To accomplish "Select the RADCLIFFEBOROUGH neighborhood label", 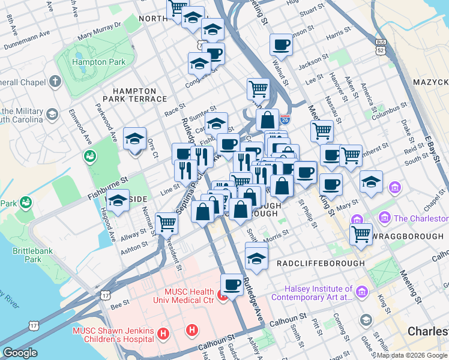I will pyautogui.click(x=320, y=263).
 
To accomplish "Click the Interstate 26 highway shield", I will pyautogui.click(x=285, y=120).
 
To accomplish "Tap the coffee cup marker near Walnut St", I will pyautogui.click(x=281, y=45).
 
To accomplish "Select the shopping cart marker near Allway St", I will pyautogui.click(x=167, y=224).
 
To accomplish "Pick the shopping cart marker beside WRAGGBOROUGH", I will pyautogui.click(x=361, y=234).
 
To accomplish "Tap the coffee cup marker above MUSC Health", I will pyautogui.click(x=232, y=284).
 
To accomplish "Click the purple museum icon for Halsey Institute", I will pyautogui.click(x=361, y=292).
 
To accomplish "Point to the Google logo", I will pyautogui.click(x=20, y=353).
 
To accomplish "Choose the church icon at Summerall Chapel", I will pyautogui.click(x=55, y=81).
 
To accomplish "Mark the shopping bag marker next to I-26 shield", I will pyautogui.click(x=267, y=119).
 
